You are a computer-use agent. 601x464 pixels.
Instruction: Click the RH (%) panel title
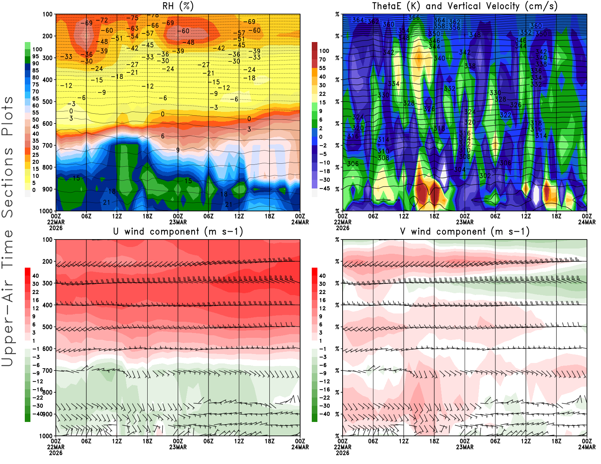tap(178, 6)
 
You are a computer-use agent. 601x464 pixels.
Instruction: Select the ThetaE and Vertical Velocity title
tap(465, 6)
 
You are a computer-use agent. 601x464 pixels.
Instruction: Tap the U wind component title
tap(178, 232)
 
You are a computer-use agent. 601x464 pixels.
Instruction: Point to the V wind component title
tap(465, 232)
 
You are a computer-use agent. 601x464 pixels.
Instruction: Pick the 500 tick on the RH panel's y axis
tap(47, 102)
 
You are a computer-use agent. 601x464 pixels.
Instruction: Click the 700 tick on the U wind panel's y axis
tap(47, 371)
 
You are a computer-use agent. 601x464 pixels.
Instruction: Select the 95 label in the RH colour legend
tap(36, 56)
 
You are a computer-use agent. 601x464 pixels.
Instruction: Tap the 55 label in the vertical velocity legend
tap(322, 68)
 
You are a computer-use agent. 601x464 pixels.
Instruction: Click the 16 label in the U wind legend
tap(36, 300)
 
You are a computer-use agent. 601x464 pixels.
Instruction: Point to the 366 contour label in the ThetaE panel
tap(414, 18)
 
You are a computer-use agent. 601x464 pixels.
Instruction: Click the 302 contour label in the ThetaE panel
tap(485, 176)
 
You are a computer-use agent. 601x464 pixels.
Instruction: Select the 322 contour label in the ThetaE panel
tap(505, 115)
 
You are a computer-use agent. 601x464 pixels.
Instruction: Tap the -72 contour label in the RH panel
tap(102, 20)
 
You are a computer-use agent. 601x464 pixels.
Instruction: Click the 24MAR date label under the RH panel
tap(300, 222)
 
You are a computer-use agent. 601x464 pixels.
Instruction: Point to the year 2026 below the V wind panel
tap(343, 453)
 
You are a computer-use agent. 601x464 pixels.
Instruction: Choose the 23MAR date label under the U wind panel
tap(178, 447)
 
